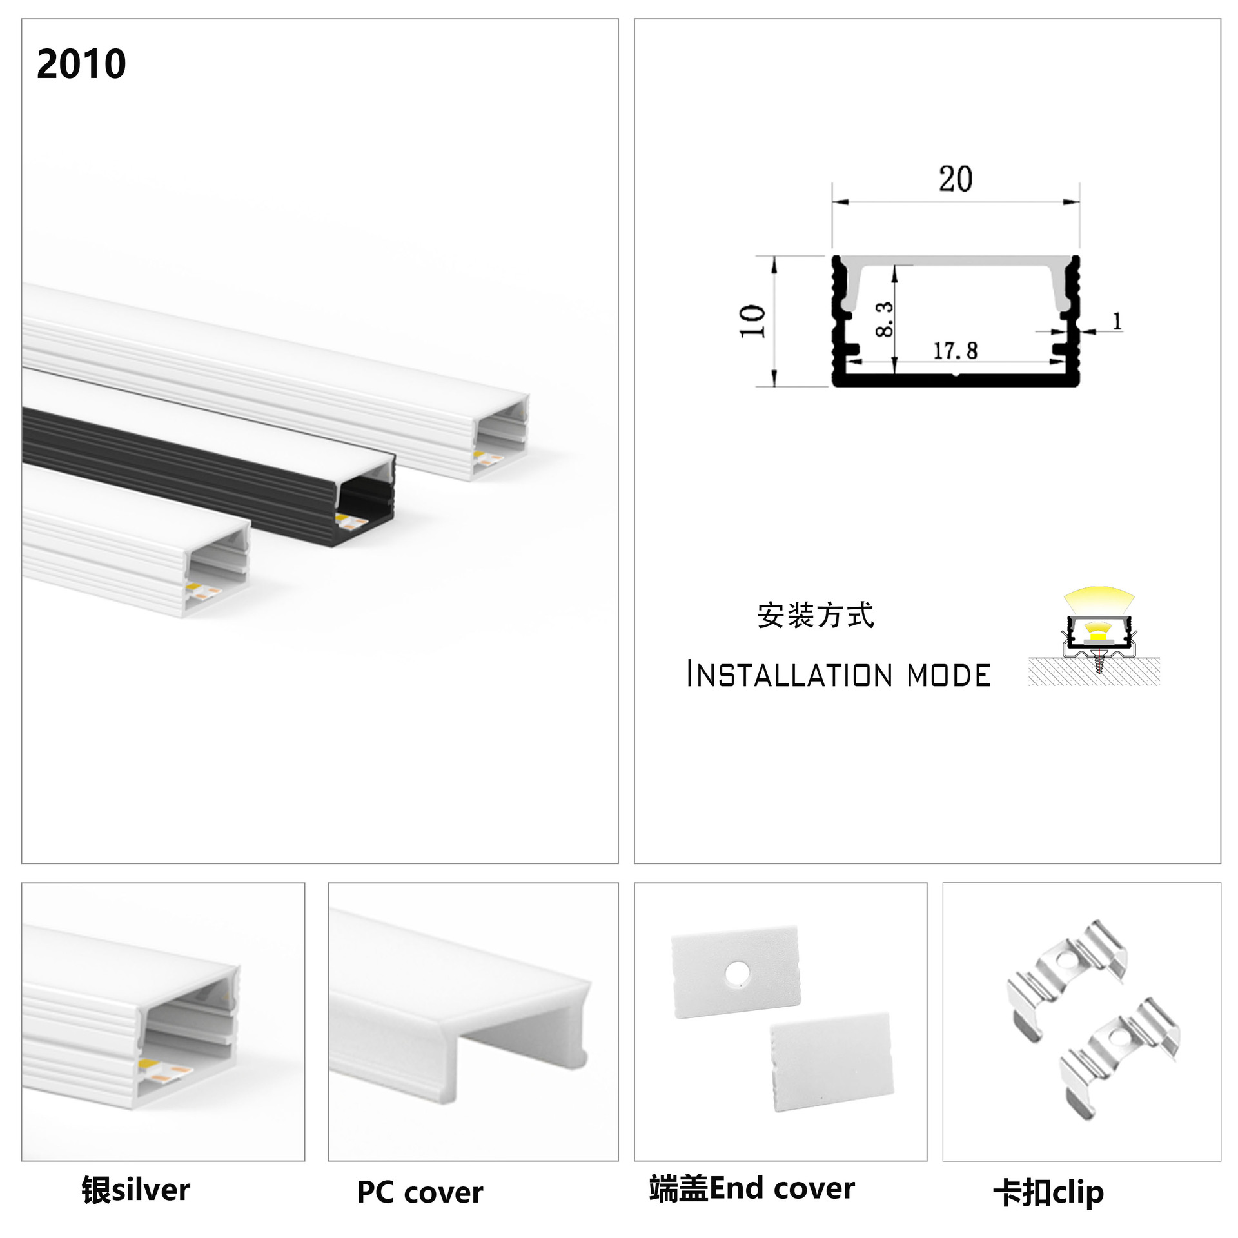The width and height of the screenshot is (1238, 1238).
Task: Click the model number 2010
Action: coord(81,64)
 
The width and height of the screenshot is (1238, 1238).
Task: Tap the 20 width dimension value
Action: coord(955,179)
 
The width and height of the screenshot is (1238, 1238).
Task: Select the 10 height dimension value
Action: coord(752,320)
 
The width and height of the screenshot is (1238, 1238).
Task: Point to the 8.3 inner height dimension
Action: coord(885,319)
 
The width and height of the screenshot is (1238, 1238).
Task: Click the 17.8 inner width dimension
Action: coord(955,351)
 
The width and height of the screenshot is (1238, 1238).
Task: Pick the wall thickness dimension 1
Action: coord(1117,320)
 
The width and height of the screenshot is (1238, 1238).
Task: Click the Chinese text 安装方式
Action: coord(816,615)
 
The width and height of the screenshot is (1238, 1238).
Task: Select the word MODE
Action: coord(948,675)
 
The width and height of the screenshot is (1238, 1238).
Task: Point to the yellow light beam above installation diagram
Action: coord(1099,599)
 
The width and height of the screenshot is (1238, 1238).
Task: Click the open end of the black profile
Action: coord(366,500)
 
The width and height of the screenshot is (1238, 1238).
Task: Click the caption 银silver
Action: coord(135,1190)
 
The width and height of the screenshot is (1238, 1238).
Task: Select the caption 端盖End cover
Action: coord(752,1188)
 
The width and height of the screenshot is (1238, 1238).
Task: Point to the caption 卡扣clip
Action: coord(1048,1192)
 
